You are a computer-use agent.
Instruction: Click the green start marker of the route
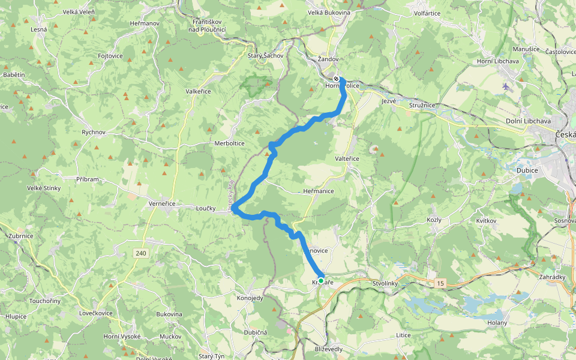pyautogui.click(x=321, y=281)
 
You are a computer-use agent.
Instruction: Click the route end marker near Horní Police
pyautogui.click(x=337, y=79)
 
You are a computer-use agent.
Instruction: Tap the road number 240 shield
pyautogui.click(x=141, y=254)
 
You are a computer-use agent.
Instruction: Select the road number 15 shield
pyautogui.click(x=441, y=281)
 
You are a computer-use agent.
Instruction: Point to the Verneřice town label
pyautogui.click(x=161, y=203)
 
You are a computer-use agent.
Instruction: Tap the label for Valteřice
pyautogui.click(x=347, y=158)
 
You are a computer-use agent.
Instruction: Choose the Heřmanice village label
pyautogui.click(x=319, y=191)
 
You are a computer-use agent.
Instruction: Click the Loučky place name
pyautogui.click(x=206, y=208)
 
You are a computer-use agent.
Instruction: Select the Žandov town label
pyautogui.click(x=328, y=59)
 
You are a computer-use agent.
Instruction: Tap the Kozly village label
pyautogui.click(x=434, y=220)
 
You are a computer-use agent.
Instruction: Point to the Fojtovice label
pyautogui.click(x=110, y=56)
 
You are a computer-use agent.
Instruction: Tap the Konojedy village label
pyautogui.click(x=250, y=298)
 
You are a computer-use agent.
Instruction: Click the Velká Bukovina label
pyautogui.click(x=329, y=12)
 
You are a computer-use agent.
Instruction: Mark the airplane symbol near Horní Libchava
pyautogui.click(x=506, y=86)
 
